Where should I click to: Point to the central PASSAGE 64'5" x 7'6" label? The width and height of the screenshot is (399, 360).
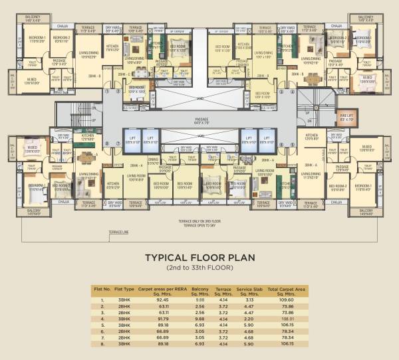point(199,121)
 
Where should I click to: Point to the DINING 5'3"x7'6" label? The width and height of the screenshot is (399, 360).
point(153,161)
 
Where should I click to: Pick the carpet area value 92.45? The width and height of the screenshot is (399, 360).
point(162,300)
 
